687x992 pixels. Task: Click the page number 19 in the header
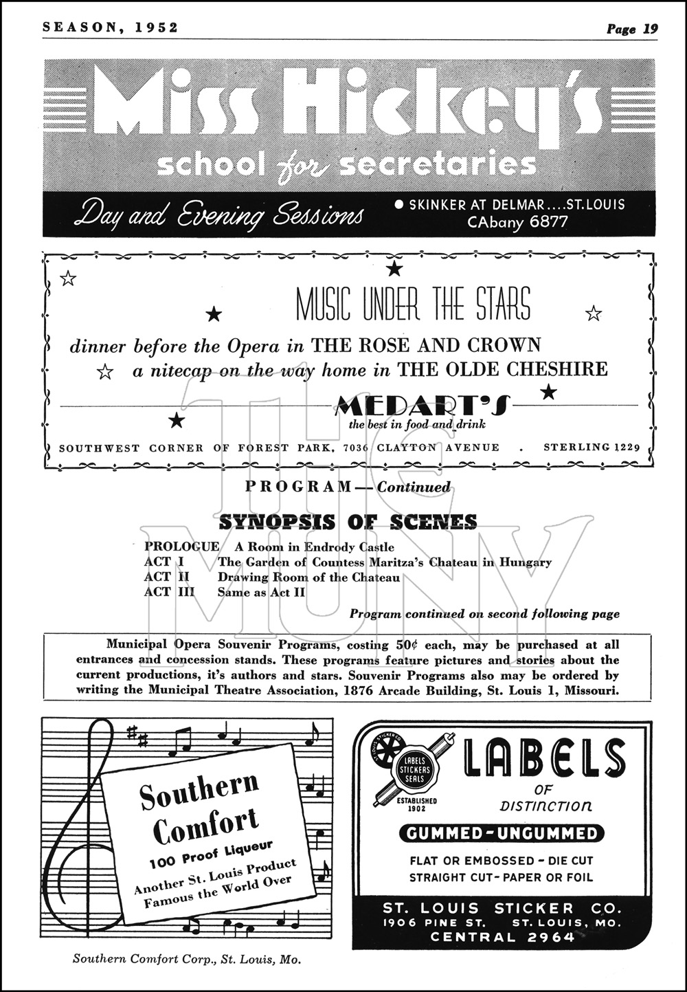point(651,28)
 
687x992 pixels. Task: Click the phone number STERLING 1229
point(592,448)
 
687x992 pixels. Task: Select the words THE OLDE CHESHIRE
point(504,369)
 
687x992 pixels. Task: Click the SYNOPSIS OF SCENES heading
point(348,522)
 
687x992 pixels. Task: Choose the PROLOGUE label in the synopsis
point(181,547)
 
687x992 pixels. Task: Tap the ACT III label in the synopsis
point(169,592)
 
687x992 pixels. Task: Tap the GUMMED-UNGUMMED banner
point(502,834)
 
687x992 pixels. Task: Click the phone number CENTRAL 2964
point(502,937)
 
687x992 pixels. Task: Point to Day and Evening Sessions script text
point(218,213)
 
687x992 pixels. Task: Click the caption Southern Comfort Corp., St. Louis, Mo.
point(187,959)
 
